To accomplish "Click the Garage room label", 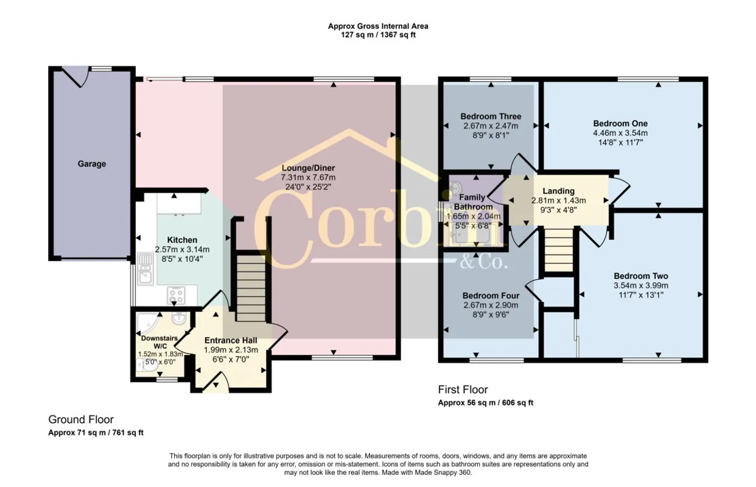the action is [x=92, y=164].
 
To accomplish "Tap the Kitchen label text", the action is [x=182, y=240].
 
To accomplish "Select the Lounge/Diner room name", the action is [x=308, y=168].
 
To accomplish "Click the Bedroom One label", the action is [x=620, y=124].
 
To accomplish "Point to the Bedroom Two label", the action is [x=641, y=276].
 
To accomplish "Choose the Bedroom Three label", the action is [x=491, y=116].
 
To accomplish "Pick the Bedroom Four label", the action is [x=491, y=296].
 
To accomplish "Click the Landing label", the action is [x=559, y=191].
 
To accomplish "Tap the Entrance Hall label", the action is [x=231, y=340].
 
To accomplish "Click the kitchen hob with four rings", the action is [x=177, y=295].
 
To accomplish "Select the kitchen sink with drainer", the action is [x=145, y=268].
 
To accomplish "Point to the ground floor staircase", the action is [x=251, y=288].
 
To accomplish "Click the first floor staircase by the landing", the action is [x=559, y=250].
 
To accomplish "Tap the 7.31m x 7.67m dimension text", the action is [x=308, y=178].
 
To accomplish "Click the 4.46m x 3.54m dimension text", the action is [x=620, y=133].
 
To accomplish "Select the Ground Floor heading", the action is [x=81, y=419].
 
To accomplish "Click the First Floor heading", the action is [x=463, y=390].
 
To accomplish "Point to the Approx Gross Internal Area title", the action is [x=378, y=26].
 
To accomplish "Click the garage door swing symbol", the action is [x=75, y=77].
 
